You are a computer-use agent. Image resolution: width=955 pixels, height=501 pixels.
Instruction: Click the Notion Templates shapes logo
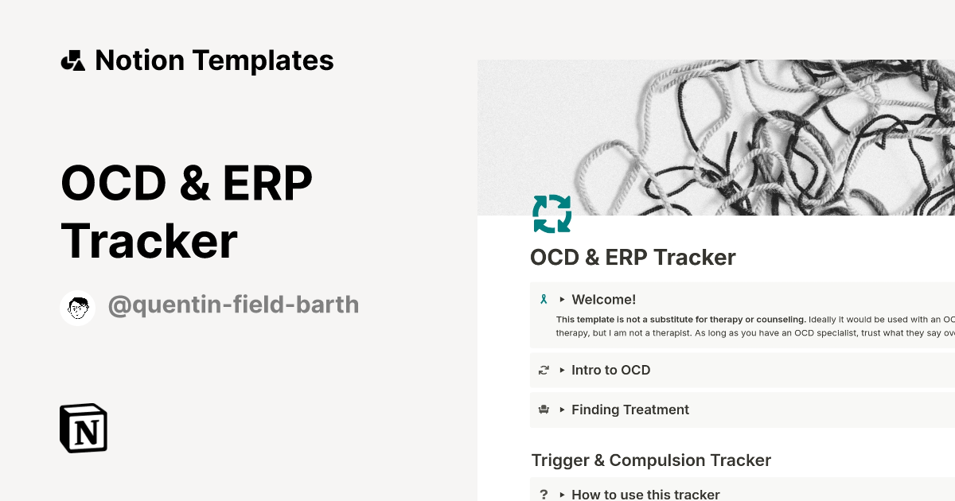click(x=72, y=60)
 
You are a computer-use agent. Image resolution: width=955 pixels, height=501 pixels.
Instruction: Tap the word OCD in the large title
click(x=111, y=184)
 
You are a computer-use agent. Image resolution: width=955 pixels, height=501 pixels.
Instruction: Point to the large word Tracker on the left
click(x=149, y=241)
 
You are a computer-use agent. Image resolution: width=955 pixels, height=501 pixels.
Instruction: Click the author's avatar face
click(x=77, y=307)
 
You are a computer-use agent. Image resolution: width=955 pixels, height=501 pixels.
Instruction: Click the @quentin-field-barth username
click(x=233, y=305)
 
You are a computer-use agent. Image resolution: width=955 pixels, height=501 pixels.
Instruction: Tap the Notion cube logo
click(x=84, y=428)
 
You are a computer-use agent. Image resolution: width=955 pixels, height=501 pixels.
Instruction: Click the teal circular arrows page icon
click(x=552, y=214)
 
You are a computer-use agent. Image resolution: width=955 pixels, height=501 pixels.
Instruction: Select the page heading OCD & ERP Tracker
click(x=633, y=258)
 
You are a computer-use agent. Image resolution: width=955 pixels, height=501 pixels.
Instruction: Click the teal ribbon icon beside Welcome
click(x=544, y=300)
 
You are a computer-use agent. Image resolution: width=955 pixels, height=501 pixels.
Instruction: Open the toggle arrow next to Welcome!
click(x=562, y=300)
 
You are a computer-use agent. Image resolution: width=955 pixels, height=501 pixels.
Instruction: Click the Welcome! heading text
click(x=603, y=300)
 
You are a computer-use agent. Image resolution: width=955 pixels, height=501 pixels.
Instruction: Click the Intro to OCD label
click(x=610, y=370)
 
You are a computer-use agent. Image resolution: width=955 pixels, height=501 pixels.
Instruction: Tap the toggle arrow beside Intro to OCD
click(x=562, y=370)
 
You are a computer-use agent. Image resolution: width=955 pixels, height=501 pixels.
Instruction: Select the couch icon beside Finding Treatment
click(x=544, y=410)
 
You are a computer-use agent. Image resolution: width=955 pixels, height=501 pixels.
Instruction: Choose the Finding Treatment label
click(x=630, y=410)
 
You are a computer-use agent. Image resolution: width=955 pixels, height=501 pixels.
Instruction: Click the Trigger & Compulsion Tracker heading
click(x=651, y=460)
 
